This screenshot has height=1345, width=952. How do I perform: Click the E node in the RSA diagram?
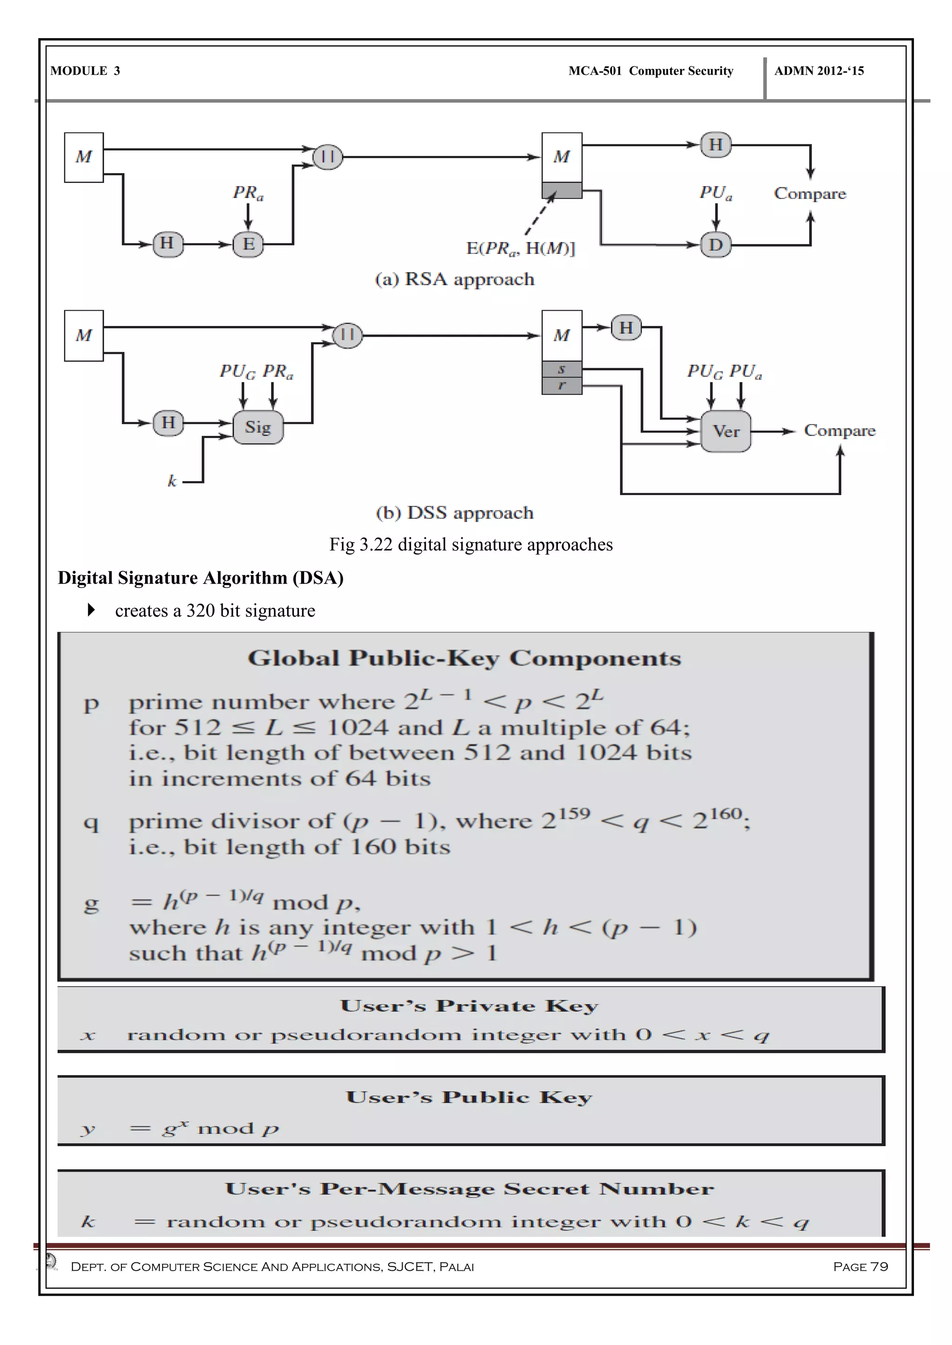pyautogui.click(x=248, y=244)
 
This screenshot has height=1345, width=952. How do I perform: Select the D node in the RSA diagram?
pyautogui.click(x=716, y=244)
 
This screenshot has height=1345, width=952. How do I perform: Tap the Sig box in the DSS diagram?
pyautogui.click(x=258, y=427)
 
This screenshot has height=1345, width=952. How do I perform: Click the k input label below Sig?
pyautogui.click(x=172, y=482)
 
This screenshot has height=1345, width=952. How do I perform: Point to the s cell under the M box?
pyautogui.click(x=562, y=369)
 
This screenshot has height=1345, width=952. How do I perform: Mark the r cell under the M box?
pyautogui.click(x=562, y=385)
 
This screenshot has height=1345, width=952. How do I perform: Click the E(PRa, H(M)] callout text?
pyautogui.click(x=521, y=249)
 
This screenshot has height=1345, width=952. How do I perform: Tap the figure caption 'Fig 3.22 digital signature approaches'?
pyautogui.click(x=471, y=545)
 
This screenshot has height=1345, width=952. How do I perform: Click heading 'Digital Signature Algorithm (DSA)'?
pyautogui.click(x=200, y=578)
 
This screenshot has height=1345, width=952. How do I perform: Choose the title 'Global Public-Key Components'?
pyautogui.click(x=464, y=659)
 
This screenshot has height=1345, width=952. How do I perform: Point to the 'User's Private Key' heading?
pyautogui.click(x=469, y=1006)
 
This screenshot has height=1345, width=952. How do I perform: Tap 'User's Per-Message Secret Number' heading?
pyautogui.click(x=469, y=1188)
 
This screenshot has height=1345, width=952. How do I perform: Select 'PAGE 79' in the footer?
pyautogui.click(x=860, y=1267)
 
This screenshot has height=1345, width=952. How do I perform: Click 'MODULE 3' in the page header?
pyautogui.click(x=86, y=71)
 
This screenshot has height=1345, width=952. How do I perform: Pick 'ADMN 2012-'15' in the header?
pyautogui.click(x=819, y=71)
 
